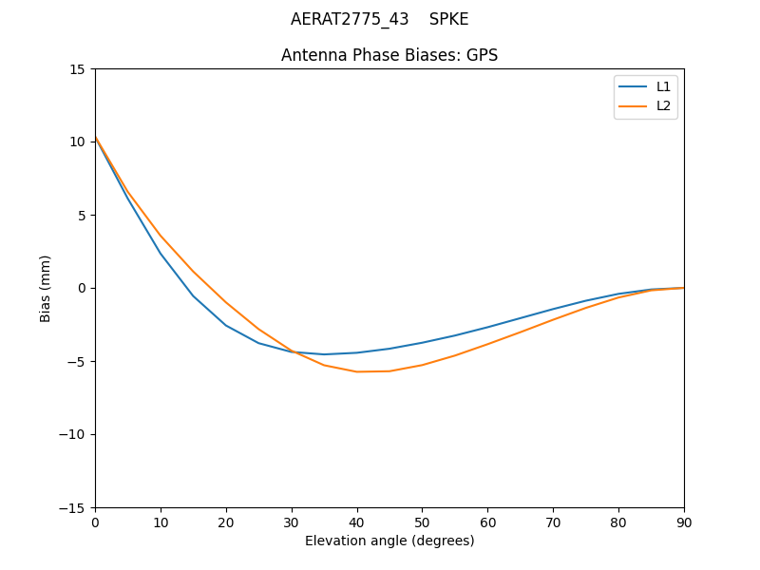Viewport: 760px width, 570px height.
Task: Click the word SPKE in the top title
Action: pyautogui.click(x=448, y=19)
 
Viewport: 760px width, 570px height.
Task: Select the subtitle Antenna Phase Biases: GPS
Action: pyautogui.click(x=389, y=55)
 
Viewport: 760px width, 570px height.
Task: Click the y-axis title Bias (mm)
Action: pyautogui.click(x=46, y=288)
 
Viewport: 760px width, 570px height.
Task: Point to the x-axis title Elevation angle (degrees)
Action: pyautogui.click(x=389, y=541)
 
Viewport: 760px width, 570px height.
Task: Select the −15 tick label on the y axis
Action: pyautogui.click(x=71, y=507)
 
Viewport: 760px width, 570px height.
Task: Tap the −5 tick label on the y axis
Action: pyautogui.click(x=75, y=361)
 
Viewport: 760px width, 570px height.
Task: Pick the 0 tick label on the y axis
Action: pyautogui.click(x=83, y=288)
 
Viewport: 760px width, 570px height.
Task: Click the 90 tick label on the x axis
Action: pyautogui.click(x=683, y=522)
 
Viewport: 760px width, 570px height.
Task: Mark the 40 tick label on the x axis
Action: pyautogui.click(x=357, y=522)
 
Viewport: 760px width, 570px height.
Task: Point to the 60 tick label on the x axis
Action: pyautogui.click(x=487, y=522)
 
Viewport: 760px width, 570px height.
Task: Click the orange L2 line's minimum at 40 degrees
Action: pyautogui.click(x=357, y=371)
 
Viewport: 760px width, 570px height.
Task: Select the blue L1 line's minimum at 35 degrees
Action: pyautogui.click(x=324, y=354)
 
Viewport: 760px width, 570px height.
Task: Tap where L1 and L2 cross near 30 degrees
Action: pyautogui.click(x=294, y=352)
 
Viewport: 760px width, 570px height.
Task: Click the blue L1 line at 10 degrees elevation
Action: pyautogui.click(x=161, y=253)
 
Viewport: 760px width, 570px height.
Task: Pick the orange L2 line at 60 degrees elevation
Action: pyautogui.click(x=487, y=343)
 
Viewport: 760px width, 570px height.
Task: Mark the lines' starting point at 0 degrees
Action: pyautogui.click(x=96, y=138)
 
